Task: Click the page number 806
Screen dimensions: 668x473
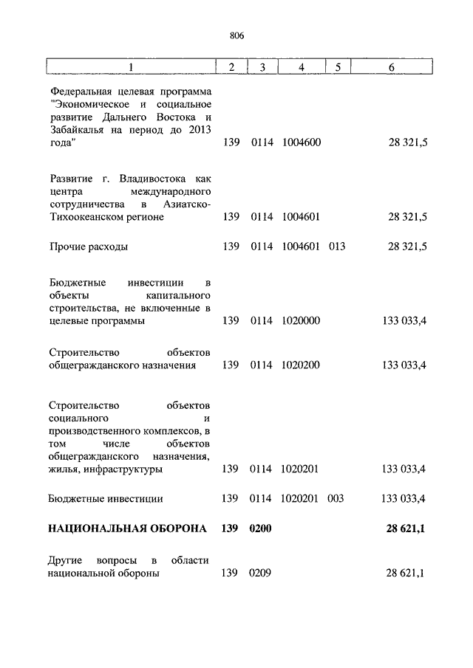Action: click(x=236, y=35)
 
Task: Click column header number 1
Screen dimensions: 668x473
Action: click(x=131, y=68)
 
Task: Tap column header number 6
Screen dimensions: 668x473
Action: click(x=391, y=68)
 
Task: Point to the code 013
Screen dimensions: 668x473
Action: click(x=337, y=247)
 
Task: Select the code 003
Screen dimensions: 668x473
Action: click(x=336, y=499)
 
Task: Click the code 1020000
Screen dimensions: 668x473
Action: click(x=301, y=321)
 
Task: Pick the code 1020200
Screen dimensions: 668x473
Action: click(x=301, y=365)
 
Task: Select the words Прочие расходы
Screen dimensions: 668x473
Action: click(x=88, y=247)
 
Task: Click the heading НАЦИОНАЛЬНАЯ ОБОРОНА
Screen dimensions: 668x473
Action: click(x=128, y=529)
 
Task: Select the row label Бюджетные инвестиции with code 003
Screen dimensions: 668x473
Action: click(x=106, y=499)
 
